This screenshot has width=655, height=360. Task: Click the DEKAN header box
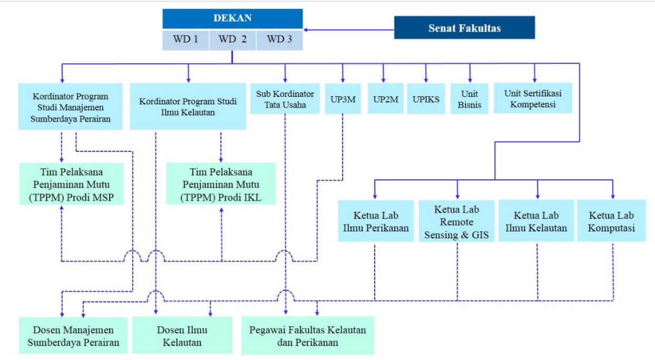click(232, 18)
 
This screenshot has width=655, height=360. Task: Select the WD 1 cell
click(185, 40)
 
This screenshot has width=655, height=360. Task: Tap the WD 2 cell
click(233, 40)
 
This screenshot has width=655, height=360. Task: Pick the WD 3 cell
click(279, 40)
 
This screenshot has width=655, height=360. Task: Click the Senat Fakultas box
click(464, 28)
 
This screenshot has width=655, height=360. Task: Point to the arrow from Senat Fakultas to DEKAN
click(348, 29)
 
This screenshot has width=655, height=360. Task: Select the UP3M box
click(343, 99)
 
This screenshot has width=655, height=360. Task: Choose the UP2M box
click(386, 99)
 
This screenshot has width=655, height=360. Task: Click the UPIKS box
click(426, 99)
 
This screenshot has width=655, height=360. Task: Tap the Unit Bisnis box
click(469, 99)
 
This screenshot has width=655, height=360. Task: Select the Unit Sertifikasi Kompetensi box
click(533, 99)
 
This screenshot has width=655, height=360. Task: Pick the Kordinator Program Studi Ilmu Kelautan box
click(188, 106)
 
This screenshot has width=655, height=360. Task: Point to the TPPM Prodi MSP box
click(72, 184)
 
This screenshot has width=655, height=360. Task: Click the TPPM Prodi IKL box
click(221, 184)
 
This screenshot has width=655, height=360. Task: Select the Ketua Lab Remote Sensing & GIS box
click(457, 221)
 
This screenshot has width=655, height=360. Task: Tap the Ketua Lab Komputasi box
click(611, 221)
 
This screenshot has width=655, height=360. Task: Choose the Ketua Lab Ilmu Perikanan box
click(376, 221)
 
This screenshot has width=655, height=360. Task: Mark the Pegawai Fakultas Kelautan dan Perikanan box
click(308, 336)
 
